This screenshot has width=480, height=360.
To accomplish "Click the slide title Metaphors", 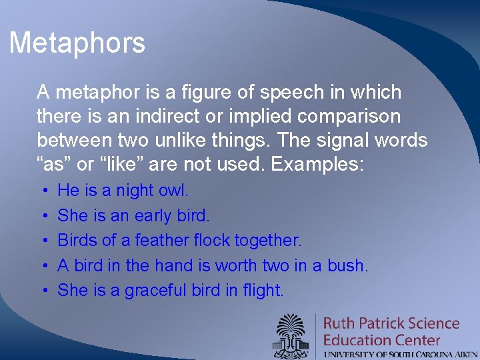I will point(77,43).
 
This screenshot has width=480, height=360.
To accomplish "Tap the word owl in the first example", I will point(175,191).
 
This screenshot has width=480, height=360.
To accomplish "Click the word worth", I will point(237,265).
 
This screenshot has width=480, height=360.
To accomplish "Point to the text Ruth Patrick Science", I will point(391,324).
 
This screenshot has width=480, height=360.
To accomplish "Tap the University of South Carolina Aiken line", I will point(400,354).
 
